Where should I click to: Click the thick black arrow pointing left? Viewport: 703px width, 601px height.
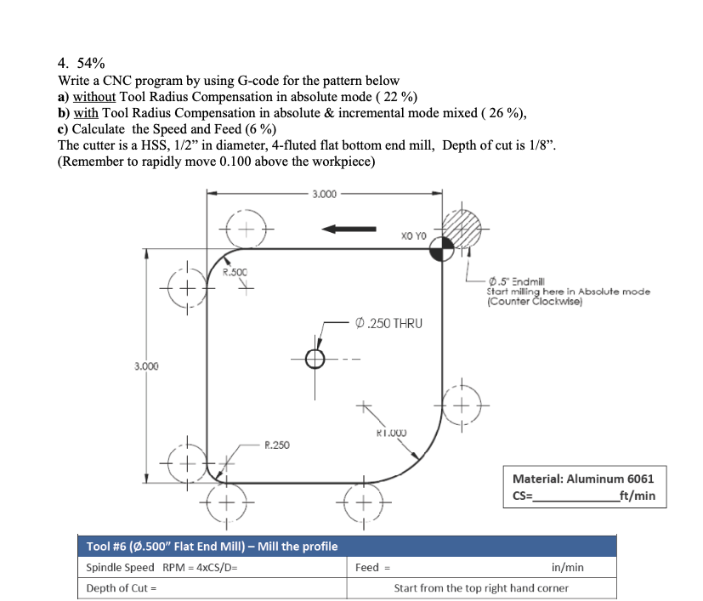348,228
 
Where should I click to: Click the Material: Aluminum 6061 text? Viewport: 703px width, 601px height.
583,479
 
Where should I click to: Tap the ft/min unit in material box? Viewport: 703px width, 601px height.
637,496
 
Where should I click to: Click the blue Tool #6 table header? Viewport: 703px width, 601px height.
213,546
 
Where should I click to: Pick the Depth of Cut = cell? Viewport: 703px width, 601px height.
122,588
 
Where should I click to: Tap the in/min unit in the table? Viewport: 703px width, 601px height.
567,567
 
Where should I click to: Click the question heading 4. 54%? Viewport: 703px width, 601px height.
81,64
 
